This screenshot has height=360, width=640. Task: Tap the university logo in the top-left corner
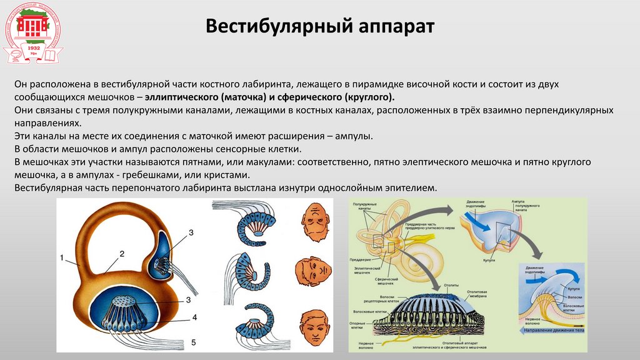(33, 33)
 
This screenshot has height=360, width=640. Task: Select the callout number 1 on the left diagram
(62, 257)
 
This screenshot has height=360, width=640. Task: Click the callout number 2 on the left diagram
(122, 253)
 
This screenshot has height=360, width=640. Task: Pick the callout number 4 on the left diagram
(194, 317)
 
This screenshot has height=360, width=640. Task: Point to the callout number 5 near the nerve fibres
(193, 342)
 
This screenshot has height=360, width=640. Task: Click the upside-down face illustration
(314, 222)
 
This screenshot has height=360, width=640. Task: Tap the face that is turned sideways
(313, 272)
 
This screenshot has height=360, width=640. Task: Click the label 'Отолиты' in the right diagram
(451, 285)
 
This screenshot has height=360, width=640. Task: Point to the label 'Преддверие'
(361, 260)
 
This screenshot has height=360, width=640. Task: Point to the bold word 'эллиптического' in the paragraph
(182, 97)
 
